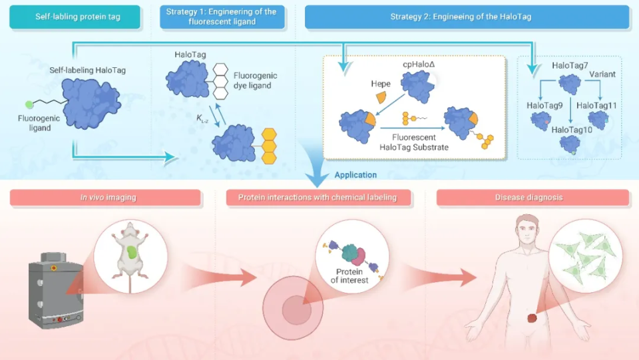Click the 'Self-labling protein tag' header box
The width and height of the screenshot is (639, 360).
(75, 17)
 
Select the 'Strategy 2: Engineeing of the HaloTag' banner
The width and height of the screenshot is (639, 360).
(467, 17)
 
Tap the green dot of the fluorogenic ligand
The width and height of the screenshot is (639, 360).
(29, 104)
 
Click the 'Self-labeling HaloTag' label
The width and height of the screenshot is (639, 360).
(88, 70)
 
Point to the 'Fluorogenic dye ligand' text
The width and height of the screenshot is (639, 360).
(255, 81)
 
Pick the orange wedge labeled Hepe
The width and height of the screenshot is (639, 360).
(381, 97)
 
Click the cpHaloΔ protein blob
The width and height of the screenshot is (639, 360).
(418, 86)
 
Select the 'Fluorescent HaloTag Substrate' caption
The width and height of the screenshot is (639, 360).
(413, 142)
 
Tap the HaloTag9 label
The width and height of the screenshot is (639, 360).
(544, 106)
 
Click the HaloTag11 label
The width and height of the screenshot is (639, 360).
(596, 106)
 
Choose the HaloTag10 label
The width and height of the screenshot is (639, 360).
(572, 130)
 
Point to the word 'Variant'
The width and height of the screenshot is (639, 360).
(602, 74)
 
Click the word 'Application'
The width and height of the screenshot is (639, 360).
(355, 175)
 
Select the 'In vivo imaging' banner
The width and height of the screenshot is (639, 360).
(106, 198)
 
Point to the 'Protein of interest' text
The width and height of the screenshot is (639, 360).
(349, 275)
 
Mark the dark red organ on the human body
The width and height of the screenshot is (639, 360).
(532, 317)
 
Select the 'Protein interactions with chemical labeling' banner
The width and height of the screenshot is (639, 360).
(318, 198)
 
